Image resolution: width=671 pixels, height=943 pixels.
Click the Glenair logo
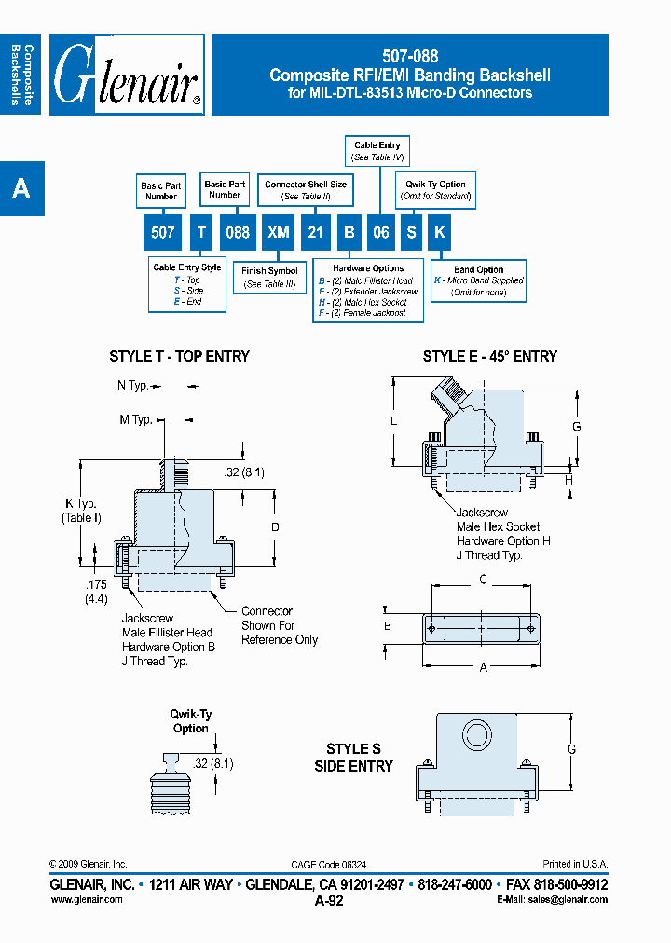[x=127, y=75]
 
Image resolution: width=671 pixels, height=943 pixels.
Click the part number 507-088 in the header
[x=410, y=57]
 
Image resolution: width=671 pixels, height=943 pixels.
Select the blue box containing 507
[x=162, y=233]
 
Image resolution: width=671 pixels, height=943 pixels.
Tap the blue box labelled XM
[x=278, y=233]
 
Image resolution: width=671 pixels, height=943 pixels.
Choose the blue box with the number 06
[x=380, y=233]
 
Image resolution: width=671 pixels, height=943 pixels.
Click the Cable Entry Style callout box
[x=187, y=284]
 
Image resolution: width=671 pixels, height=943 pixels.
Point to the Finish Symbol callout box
[x=269, y=277]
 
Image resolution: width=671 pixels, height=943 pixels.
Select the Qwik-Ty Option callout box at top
[x=436, y=190]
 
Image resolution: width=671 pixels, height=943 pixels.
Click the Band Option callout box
[x=478, y=280]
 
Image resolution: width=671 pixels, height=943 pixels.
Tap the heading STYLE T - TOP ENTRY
[x=179, y=356]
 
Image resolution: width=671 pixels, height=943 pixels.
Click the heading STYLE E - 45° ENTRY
[x=489, y=356]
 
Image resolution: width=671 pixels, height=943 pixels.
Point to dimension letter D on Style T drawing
[x=275, y=528]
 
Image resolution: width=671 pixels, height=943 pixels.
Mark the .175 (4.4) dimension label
[x=96, y=591]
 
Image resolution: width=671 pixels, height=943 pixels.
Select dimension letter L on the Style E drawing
[x=394, y=422]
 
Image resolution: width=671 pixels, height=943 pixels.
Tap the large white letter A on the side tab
[x=21, y=189]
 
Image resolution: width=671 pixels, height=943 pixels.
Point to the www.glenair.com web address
[x=86, y=900]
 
